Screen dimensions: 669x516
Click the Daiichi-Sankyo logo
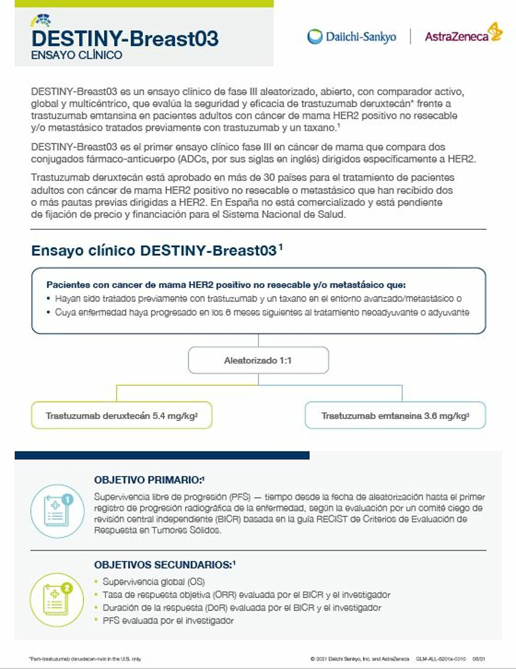coord(351,36)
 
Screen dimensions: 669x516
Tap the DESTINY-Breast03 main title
coord(124,39)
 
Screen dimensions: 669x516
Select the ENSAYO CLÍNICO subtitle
coord(76,55)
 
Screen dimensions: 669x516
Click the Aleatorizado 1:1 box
coord(258,360)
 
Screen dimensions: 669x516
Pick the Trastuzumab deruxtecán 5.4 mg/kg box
coord(122,415)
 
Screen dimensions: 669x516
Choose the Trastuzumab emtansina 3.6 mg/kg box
coord(395,415)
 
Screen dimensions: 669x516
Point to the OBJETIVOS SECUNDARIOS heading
coord(165,565)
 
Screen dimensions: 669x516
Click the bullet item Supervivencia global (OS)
coord(153,582)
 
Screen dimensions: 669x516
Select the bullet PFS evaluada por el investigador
coord(168,620)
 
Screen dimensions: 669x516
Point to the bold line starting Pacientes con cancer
coord(226,285)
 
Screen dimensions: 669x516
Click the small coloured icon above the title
coord(41,21)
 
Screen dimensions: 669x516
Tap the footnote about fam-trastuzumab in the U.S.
coord(85,659)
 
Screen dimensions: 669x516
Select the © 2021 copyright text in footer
coord(360,659)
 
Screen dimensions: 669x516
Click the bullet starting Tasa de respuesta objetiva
coord(246,595)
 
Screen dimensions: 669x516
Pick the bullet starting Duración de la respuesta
coord(241,608)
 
